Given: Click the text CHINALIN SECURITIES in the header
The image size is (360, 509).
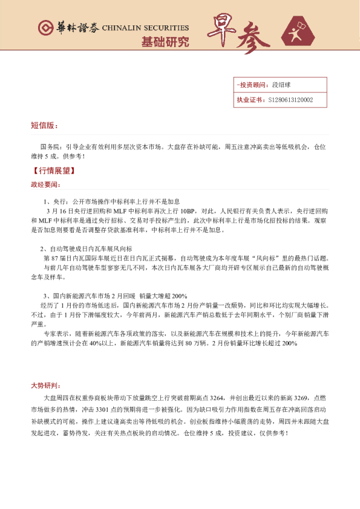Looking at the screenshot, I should click(x=145, y=28).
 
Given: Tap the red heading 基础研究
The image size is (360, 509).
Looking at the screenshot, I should click(x=165, y=42).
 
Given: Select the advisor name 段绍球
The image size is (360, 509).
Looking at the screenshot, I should click(x=282, y=85).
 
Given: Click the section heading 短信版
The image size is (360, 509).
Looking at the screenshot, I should click(x=44, y=126).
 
